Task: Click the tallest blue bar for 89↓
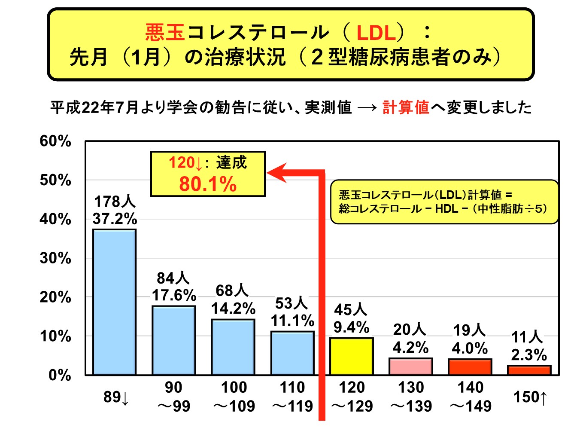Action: coord(115,302)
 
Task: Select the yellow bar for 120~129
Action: coord(351,356)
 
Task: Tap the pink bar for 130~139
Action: coord(410,366)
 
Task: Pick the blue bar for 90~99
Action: coord(173,340)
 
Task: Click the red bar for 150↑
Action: coord(529,370)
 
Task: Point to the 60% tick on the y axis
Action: coord(55,141)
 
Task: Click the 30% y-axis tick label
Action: coord(55,258)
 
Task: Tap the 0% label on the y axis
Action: coord(60,375)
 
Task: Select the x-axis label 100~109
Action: coord(234,397)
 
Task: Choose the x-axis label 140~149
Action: coord(471,397)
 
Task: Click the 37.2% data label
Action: coord(115,219)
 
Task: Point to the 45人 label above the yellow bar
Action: coord(350,309)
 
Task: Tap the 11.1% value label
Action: coord(292,321)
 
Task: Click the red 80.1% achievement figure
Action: coord(208,184)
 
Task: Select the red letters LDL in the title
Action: coord(376,33)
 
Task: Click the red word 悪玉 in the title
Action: coord(165,32)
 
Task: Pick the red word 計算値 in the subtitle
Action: coord(406,107)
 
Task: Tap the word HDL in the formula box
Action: coord(446,209)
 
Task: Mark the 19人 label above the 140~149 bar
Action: coord(469,330)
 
